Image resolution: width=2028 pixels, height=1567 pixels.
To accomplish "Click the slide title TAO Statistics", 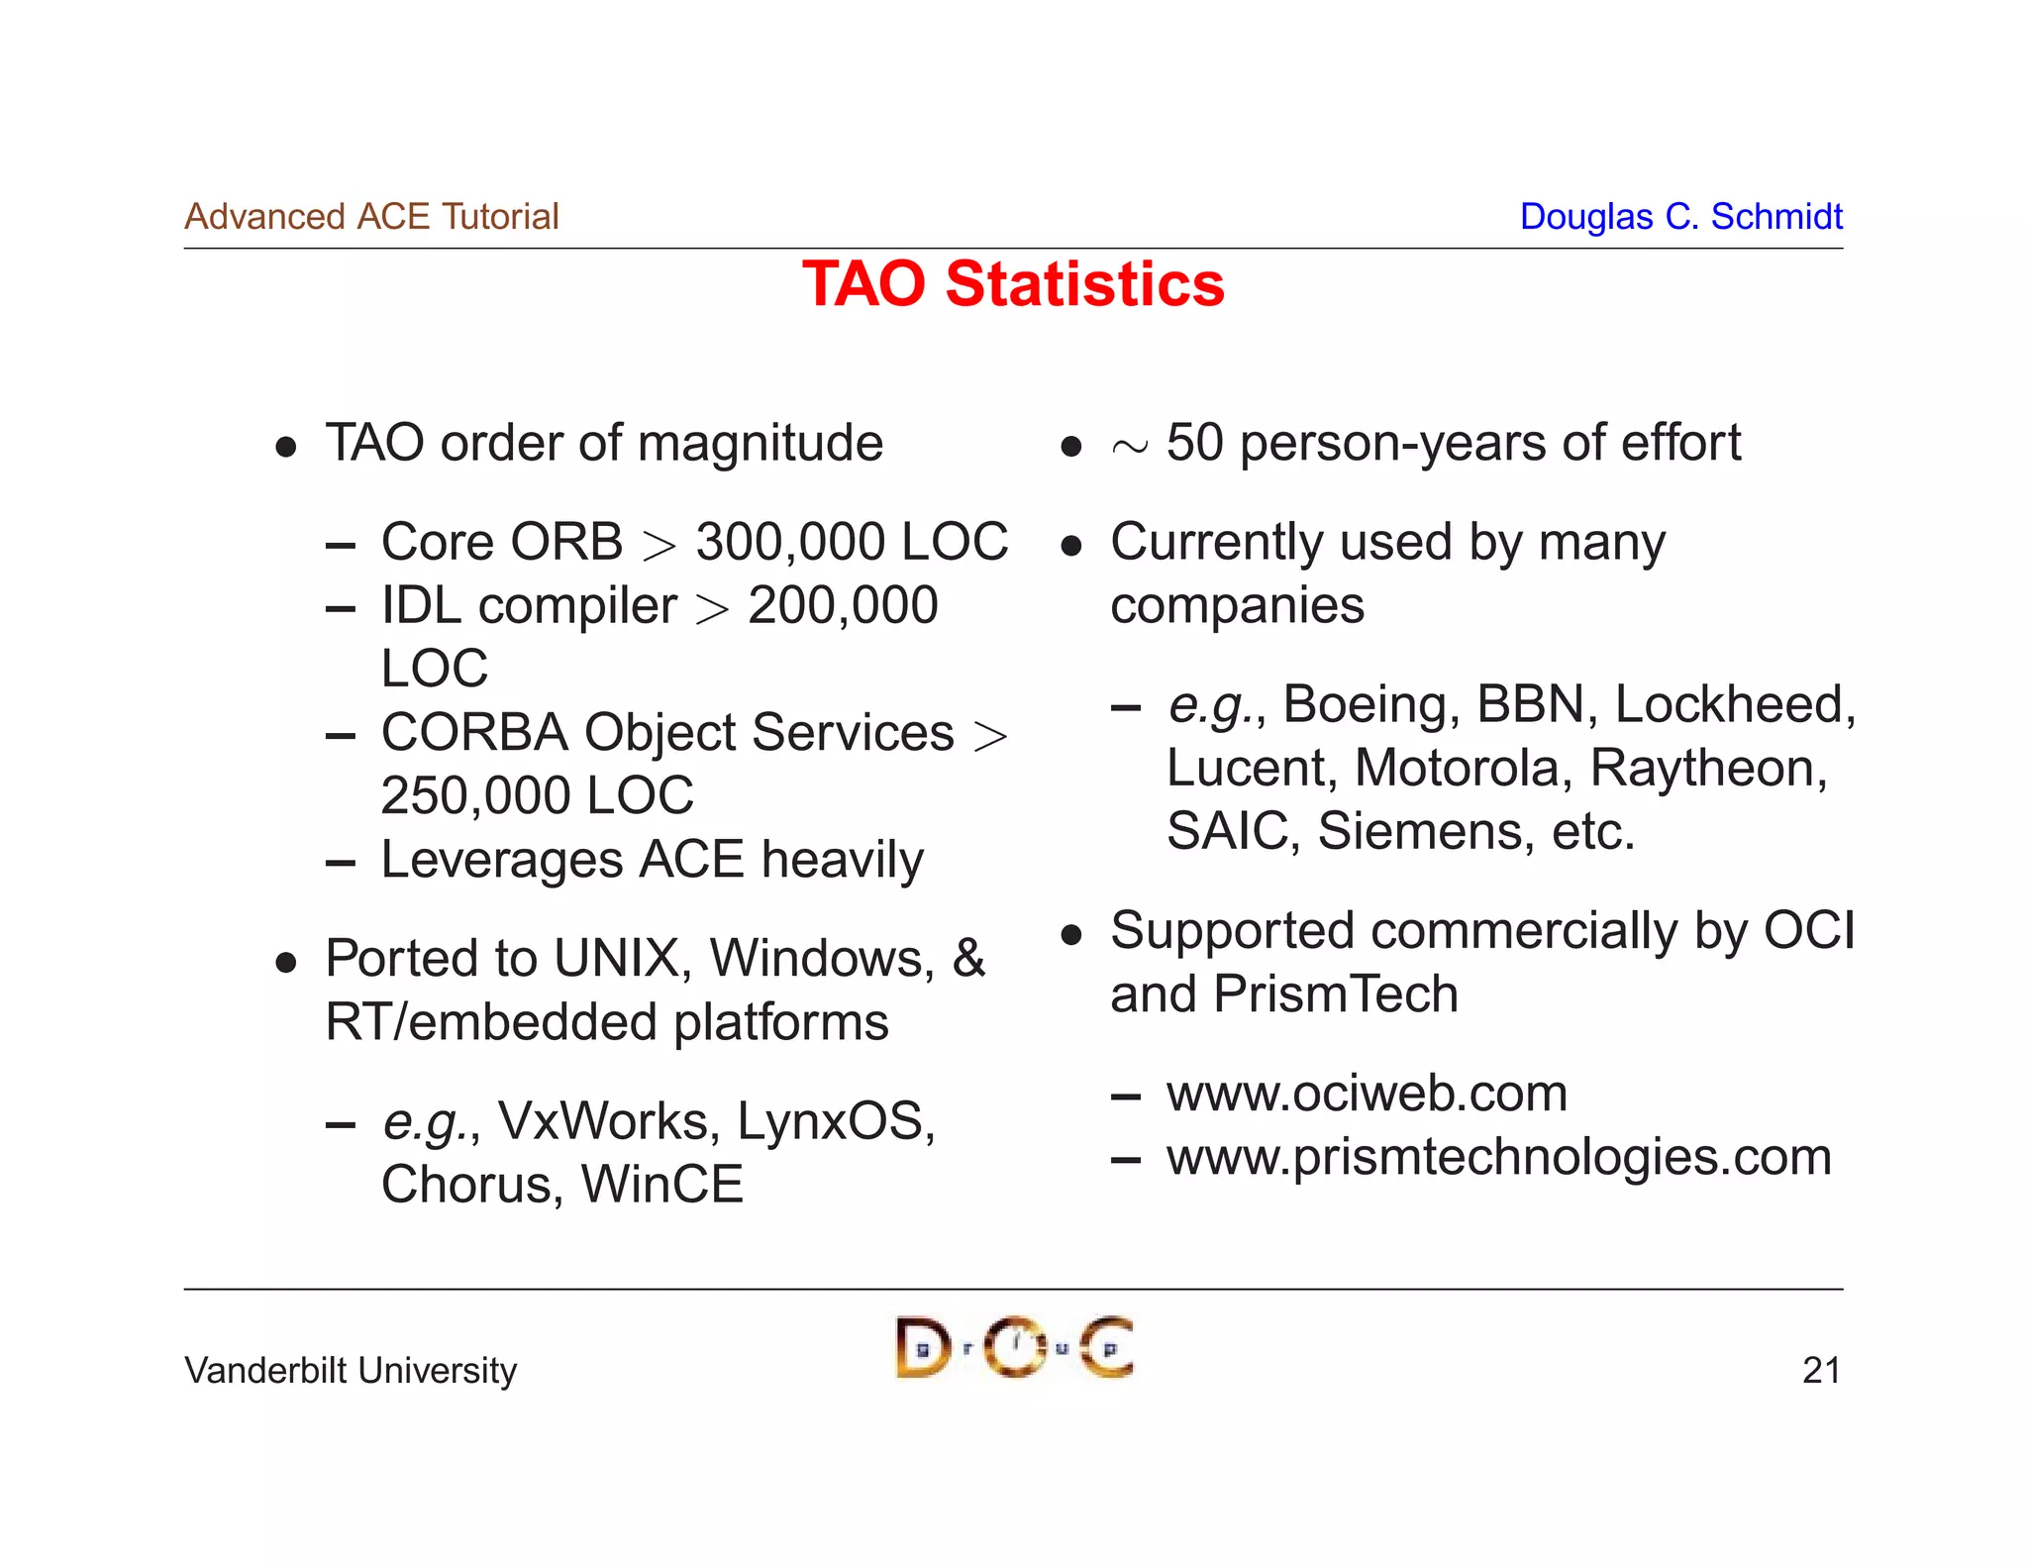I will (1013, 284).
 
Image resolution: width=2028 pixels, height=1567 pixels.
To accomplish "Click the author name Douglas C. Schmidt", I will (1680, 216).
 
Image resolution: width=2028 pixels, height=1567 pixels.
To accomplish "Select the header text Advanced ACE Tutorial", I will (371, 216).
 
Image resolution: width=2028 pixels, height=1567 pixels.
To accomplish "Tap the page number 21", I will (1821, 1370).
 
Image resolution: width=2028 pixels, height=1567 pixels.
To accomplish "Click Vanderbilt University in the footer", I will (351, 1370).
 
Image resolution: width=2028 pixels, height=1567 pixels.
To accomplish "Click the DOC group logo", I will (1014, 1347).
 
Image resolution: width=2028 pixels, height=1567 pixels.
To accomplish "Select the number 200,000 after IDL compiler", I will (843, 606).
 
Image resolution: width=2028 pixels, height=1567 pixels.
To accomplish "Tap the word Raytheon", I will (1708, 769).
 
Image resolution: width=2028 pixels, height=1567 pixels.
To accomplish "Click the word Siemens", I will (1425, 832).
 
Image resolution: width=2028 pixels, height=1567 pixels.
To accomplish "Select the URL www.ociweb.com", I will (1367, 1094).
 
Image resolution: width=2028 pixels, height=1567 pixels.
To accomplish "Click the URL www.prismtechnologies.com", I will (1498, 1157).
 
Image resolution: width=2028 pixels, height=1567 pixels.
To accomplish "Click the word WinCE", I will (661, 1185).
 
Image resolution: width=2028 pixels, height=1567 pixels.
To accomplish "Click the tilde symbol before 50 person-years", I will (1129, 448).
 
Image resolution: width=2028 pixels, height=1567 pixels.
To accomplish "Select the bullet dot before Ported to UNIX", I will (286, 962).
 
